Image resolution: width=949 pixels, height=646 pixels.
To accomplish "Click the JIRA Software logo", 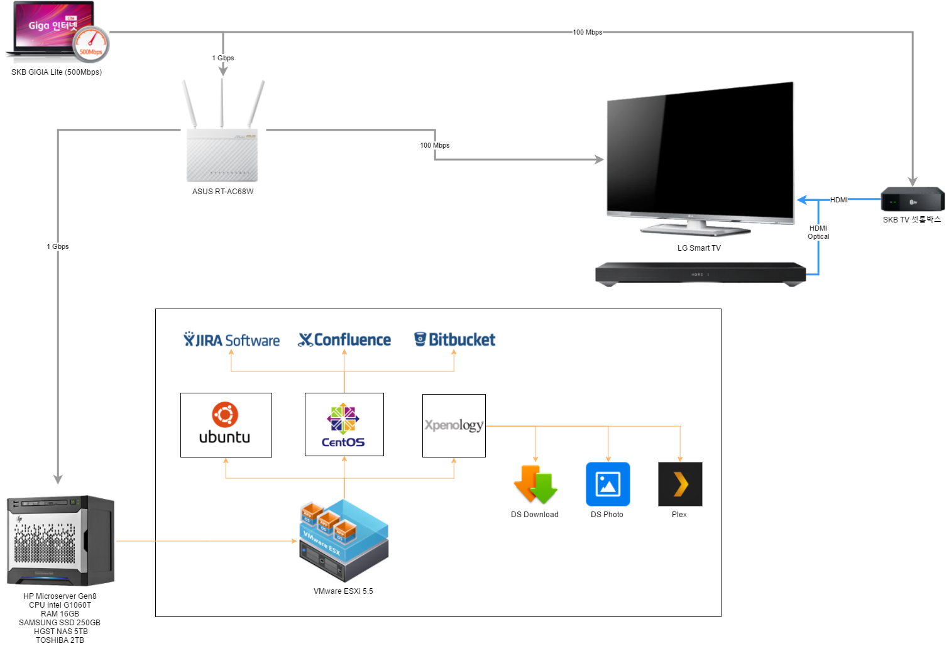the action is pyautogui.click(x=231, y=340).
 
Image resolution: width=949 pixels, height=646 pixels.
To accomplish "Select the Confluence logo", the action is pyautogui.click(x=344, y=340).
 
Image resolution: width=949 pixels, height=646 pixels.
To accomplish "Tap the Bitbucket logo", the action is pyautogui.click(x=454, y=339).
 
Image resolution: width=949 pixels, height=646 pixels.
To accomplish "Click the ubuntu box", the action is pyautogui.click(x=226, y=425).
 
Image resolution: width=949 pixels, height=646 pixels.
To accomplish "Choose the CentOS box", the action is pyautogui.click(x=344, y=424).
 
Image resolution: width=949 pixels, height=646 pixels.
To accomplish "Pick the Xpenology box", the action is pyautogui.click(x=454, y=425).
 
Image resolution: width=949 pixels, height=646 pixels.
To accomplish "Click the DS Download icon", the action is pyautogui.click(x=535, y=484).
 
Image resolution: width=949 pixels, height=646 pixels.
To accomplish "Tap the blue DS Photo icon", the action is pyautogui.click(x=608, y=484).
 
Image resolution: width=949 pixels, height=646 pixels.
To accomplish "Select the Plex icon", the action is pyautogui.click(x=680, y=484).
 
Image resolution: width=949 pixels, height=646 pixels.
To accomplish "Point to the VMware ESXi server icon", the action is pyautogui.click(x=344, y=540).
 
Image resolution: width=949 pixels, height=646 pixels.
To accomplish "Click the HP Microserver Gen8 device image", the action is pyautogui.click(x=60, y=540).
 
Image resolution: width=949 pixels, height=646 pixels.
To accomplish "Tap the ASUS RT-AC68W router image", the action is pyautogui.click(x=222, y=131).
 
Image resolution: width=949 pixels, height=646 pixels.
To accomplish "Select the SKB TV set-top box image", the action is pyautogui.click(x=913, y=199).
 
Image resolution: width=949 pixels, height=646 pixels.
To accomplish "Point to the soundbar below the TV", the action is pyautogui.click(x=700, y=274).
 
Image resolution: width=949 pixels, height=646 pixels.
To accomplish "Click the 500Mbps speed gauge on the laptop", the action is pyautogui.click(x=91, y=44).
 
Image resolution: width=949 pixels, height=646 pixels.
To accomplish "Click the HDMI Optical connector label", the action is pyautogui.click(x=818, y=232).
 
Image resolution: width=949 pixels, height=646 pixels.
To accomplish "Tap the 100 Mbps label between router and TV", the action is pyautogui.click(x=435, y=145).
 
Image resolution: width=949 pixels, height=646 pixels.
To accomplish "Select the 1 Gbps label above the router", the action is pyautogui.click(x=223, y=58).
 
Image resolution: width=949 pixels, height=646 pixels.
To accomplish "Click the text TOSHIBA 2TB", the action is pyautogui.click(x=60, y=640).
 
